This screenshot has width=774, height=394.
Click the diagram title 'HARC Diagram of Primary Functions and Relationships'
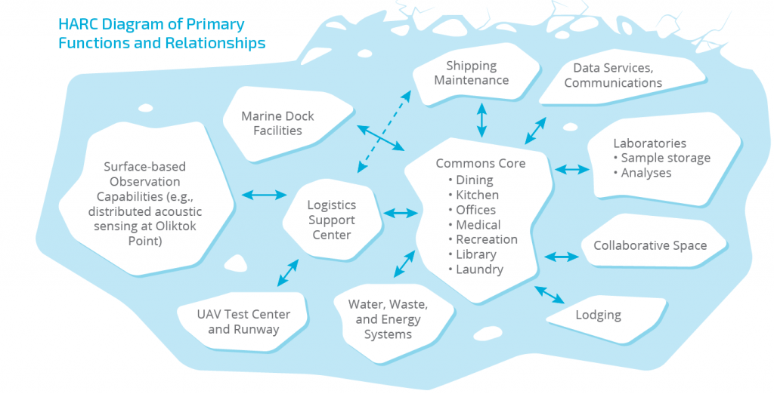point(162,33)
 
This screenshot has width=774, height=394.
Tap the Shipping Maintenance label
point(472,73)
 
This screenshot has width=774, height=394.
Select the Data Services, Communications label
point(613,75)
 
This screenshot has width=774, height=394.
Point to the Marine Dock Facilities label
point(277,124)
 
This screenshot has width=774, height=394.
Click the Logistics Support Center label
point(331,220)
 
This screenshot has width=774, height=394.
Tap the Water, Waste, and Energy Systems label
point(388,319)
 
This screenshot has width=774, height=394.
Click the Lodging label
point(598,315)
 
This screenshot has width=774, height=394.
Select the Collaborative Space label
point(650,245)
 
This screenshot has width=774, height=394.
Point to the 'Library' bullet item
point(475,254)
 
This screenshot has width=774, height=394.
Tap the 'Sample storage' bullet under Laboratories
point(665,158)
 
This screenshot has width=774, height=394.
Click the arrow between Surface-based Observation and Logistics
point(265,195)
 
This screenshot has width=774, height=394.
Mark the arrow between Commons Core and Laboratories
point(572,169)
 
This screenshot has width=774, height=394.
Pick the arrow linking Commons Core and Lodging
point(550,294)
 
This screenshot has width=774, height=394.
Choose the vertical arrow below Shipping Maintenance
point(481,119)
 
